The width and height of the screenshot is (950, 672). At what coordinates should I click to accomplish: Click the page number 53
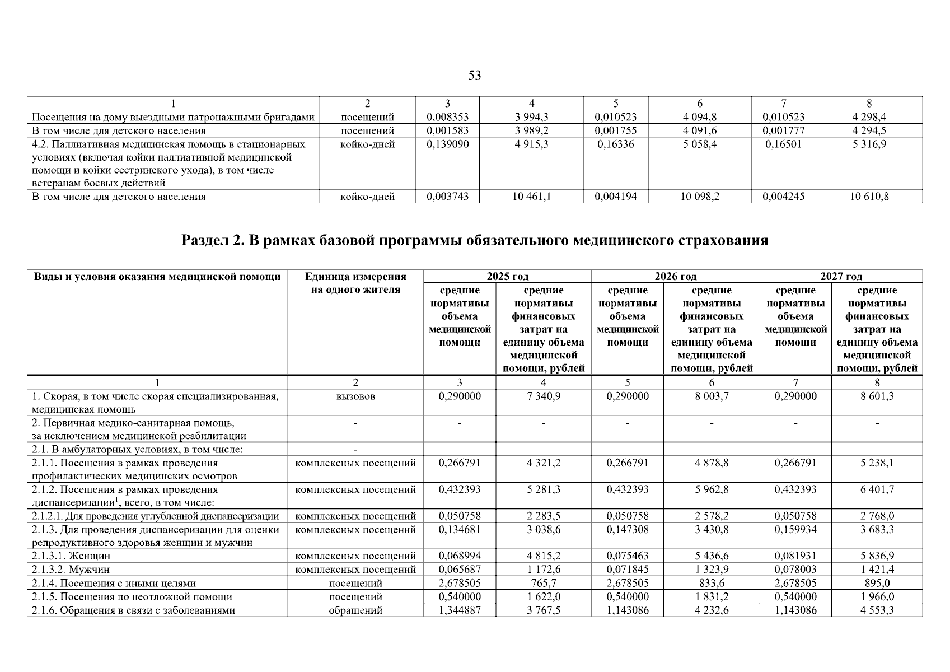point(474,76)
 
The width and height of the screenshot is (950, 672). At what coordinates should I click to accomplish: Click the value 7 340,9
point(543,396)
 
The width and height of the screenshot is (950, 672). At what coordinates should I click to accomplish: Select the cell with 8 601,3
point(877,396)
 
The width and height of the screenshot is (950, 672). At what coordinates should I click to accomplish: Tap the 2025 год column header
point(507,276)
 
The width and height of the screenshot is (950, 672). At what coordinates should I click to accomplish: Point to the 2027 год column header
point(841,276)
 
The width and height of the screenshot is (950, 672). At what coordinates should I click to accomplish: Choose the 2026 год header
point(675,276)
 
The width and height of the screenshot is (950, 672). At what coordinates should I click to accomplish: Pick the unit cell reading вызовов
point(355,396)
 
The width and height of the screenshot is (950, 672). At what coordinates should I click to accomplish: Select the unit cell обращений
point(355,610)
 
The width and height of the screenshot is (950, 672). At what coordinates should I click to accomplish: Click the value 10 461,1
point(531,197)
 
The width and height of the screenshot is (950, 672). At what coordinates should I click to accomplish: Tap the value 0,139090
point(447,144)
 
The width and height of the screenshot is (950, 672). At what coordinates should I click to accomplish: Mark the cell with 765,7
point(543,584)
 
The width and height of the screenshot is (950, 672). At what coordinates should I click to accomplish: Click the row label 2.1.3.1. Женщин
point(71,556)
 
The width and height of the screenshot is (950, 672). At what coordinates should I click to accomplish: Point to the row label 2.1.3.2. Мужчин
point(71,570)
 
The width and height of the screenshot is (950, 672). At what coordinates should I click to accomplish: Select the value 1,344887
point(460,610)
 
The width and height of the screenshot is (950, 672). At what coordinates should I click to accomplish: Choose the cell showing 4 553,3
point(877,610)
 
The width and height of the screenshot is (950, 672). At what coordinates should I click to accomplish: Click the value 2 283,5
point(543,516)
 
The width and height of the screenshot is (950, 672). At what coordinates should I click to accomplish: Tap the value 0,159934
point(795,530)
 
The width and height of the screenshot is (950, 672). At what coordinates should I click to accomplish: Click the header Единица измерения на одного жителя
point(355,283)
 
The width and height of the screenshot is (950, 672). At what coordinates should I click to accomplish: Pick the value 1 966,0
point(877,597)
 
